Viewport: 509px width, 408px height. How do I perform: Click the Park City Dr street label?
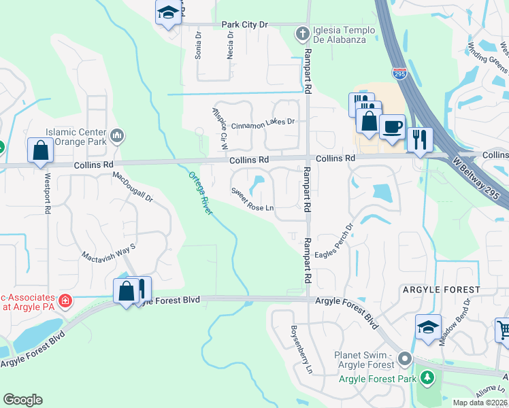(x=246, y=24)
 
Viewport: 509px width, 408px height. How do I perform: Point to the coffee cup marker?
(x=392, y=127)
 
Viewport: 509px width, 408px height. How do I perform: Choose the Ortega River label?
(x=201, y=194)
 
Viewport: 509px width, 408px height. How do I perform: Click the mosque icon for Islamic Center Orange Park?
(x=118, y=137)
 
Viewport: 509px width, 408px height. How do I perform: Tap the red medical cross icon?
(x=65, y=301)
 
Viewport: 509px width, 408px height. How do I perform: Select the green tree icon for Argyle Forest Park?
(x=427, y=377)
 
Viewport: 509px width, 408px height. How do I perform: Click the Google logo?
(x=23, y=400)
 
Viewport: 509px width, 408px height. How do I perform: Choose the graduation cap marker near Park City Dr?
(x=167, y=12)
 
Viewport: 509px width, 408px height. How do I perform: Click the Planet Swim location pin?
(x=406, y=358)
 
